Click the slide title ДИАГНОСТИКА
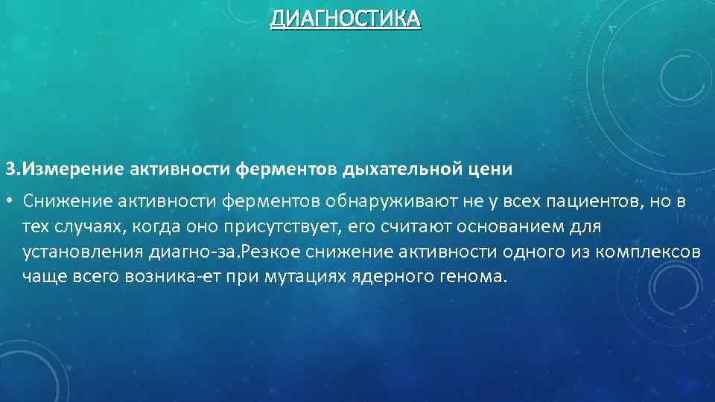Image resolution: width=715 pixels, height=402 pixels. tap(345, 18)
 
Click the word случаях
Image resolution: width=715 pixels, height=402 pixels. tap(89, 226)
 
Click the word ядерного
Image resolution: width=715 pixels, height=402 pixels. tap(399, 276)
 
